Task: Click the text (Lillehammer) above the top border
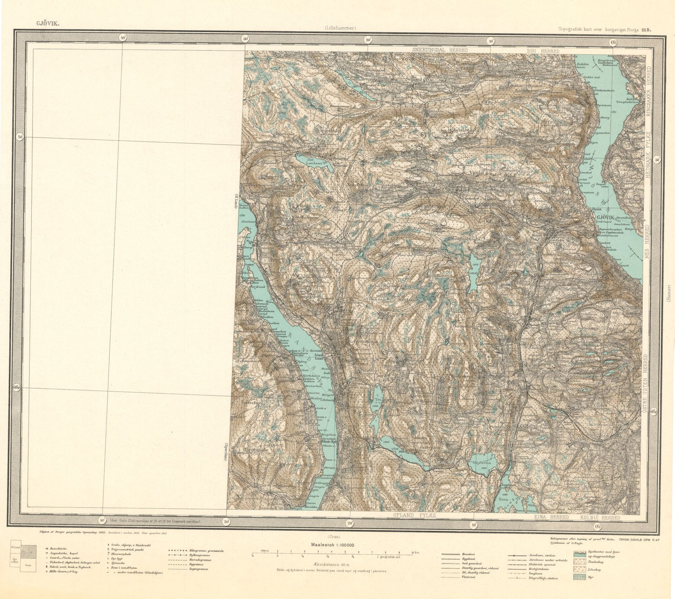(x=341, y=28)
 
